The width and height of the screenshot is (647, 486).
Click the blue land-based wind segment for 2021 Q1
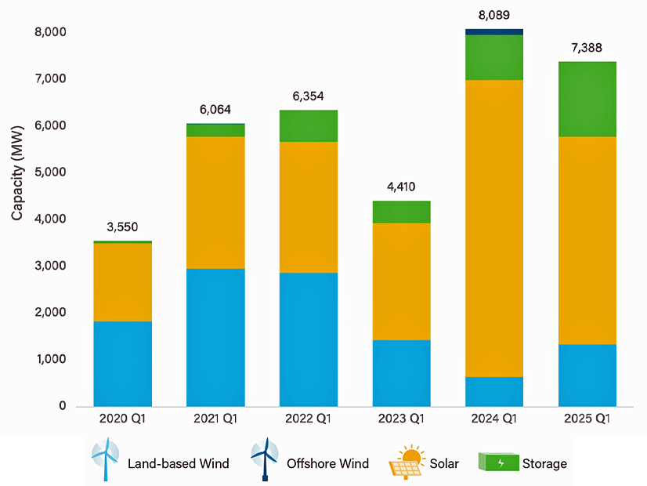click(215, 337)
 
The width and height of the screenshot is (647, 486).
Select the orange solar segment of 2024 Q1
click(493, 228)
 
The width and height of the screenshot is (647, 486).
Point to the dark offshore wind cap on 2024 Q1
click(493, 32)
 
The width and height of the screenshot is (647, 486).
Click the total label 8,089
click(494, 15)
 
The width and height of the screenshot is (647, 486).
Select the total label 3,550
click(123, 227)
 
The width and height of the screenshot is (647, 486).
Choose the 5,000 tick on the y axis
click(51, 172)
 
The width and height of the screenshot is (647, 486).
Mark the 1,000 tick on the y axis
click(51, 360)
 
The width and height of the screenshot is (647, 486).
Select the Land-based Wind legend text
click(179, 463)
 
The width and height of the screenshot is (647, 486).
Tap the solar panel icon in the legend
click(407, 462)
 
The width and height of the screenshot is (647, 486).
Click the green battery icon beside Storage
click(497, 462)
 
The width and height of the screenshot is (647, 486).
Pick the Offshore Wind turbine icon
click(263, 461)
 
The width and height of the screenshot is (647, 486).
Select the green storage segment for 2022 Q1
click(309, 125)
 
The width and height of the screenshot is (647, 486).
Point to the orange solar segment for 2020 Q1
click(123, 282)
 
